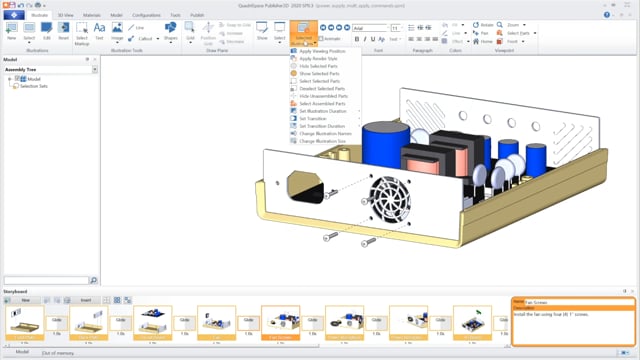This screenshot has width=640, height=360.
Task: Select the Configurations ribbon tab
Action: pos(146,16)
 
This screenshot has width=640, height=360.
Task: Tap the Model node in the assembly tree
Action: pos(33,79)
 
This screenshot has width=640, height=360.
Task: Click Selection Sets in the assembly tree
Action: pos(36,86)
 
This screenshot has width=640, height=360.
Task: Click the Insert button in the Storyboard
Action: pos(86,299)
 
